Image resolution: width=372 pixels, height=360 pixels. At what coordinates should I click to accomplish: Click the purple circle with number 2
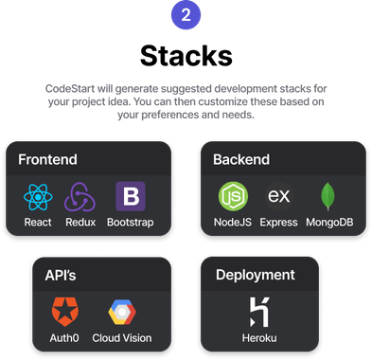click(186, 16)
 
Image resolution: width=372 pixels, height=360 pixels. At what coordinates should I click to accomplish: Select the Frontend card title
click(47, 159)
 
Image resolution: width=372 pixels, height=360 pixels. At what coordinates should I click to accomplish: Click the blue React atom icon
click(39, 197)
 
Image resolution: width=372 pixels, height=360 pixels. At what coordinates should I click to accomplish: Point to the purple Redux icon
click(80, 197)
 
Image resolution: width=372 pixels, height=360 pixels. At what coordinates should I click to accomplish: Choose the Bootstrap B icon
click(130, 197)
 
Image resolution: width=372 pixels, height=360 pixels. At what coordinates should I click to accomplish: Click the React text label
click(39, 224)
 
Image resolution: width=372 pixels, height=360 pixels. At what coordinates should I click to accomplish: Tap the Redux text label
click(80, 224)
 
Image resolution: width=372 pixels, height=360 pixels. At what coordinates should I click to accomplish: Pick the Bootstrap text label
click(130, 224)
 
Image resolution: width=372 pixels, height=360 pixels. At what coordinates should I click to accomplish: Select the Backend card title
click(241, 159)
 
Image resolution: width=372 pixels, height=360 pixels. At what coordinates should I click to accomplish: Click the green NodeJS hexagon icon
click(233, 197)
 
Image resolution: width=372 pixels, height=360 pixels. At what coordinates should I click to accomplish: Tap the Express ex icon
click(278, 197)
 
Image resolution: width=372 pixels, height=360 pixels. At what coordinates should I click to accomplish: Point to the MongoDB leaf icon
click(328, 197)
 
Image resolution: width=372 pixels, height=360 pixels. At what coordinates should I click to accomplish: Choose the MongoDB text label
click(328, 224)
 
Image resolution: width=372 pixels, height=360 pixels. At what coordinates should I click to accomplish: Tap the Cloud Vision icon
click(122, 312)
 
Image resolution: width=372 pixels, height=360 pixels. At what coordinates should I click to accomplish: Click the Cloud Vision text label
click(122, 338)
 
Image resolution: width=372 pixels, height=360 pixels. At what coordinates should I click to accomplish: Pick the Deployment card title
click(255, 275)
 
